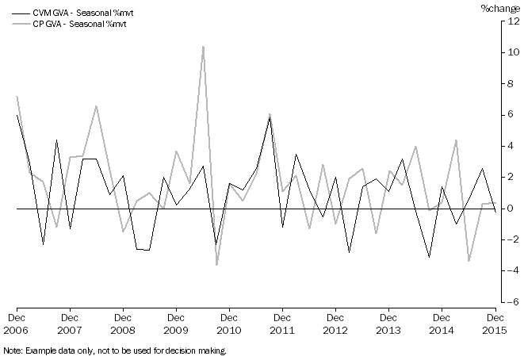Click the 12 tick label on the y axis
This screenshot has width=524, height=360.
[x=513, y=22]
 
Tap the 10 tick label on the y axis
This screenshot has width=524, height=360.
[x=513, y=53]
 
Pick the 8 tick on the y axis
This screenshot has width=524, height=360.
[x=514, y=84]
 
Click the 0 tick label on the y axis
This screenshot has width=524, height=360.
[x=514, y=209]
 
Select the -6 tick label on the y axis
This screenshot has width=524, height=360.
[x=512, y=302]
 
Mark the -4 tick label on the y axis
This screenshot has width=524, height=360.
[x=512, y=270]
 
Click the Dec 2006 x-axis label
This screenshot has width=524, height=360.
[x=17, y=324]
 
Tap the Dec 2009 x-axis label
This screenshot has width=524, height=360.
[x=176, y=324]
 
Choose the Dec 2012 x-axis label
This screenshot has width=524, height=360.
[x=335, y=324]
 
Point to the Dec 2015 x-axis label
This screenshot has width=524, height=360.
[x=495, y=324]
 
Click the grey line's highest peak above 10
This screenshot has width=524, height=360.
[x=204, y=46]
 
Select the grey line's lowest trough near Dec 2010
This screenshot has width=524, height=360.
[x=216, y=265]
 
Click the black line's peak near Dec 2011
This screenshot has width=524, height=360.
[x=270, y=118]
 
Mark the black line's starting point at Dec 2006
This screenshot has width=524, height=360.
[x=17, y=116]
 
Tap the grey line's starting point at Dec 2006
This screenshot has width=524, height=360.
[x=17, y=97]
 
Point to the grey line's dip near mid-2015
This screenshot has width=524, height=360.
[x=469, y=261]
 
